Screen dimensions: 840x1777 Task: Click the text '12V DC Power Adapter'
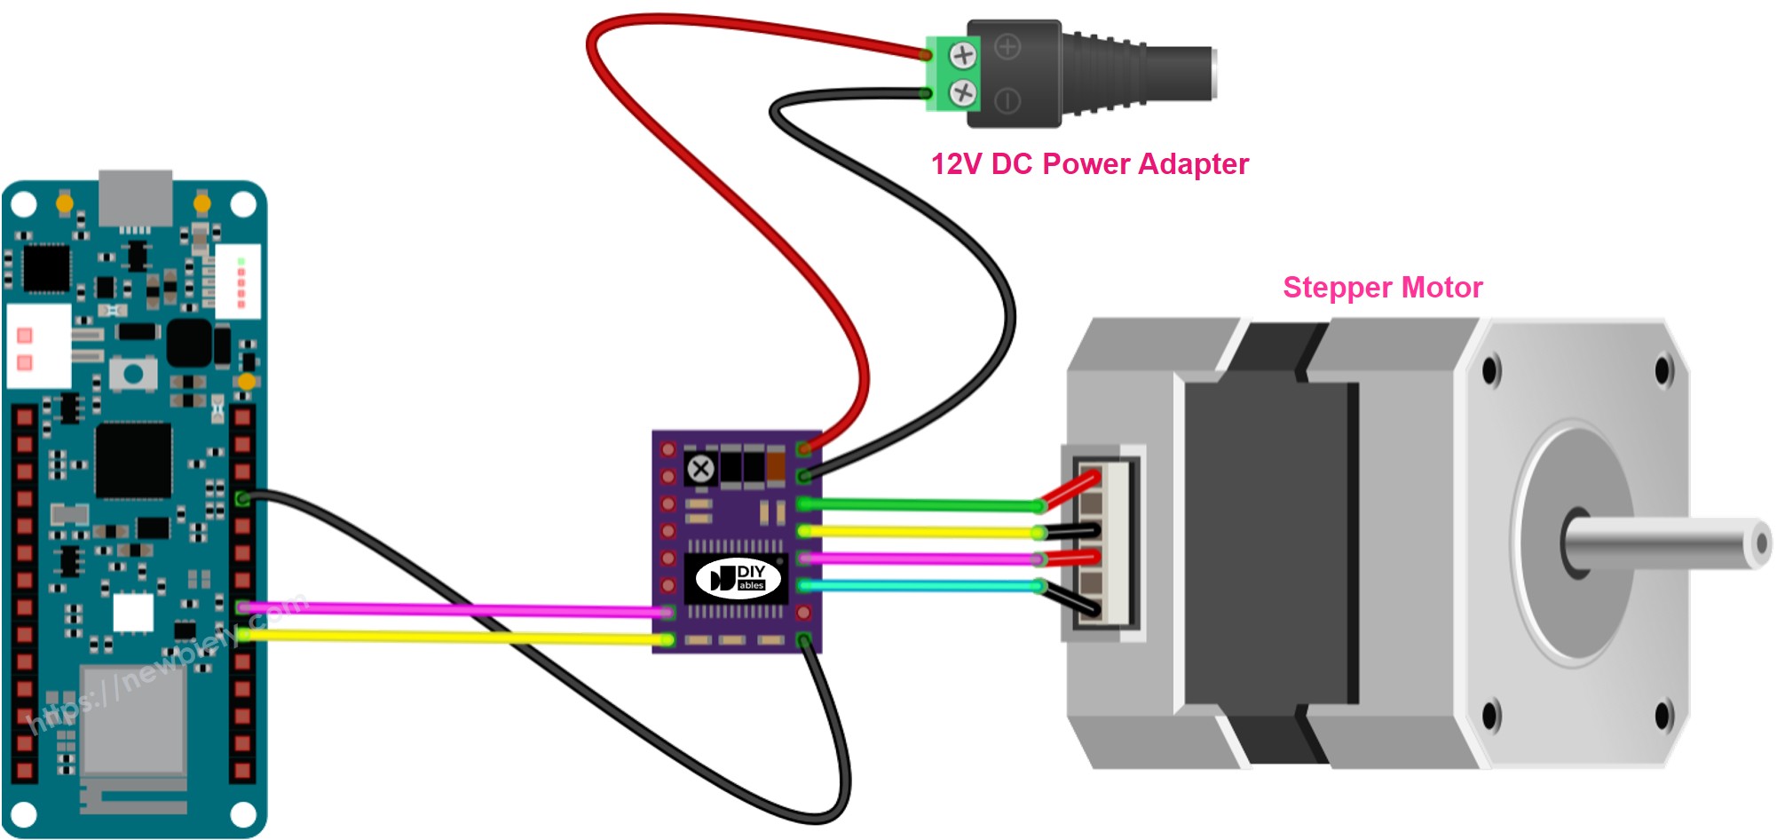click(x=1089, y=164)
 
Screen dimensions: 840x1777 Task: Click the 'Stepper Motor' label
click(x=1382, y=288)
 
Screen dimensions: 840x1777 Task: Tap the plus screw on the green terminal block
click(x=963, y=56)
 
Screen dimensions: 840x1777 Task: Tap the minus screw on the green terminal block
click(x=963, y=92)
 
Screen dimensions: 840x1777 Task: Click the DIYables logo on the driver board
click(x=738, y=579)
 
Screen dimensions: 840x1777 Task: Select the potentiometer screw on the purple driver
click(x=701, y=469)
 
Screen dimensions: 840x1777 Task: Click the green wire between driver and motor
click(x=923, y=505)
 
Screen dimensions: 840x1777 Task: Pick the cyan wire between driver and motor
click(x=923, y=586)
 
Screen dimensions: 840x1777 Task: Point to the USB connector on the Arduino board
click(x=135, y=197)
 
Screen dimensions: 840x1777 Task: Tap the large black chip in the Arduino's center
click(x=133, y=460)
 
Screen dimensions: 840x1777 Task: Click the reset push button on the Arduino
click(x=133, y=374)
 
